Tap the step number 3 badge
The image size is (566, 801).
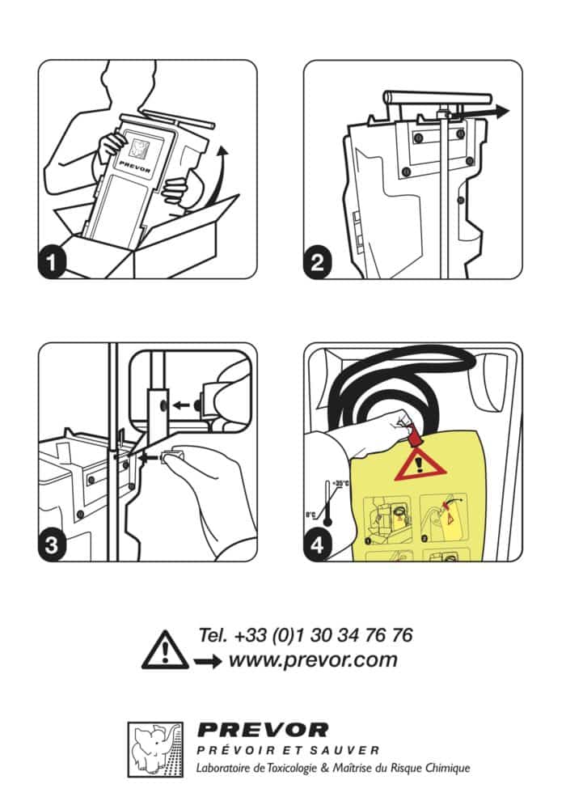click(x=54, y=545)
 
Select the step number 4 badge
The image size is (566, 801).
click(x=319, y=545)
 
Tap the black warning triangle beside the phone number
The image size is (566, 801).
click(x=164, y=651)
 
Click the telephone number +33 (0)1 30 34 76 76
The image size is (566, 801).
click(x=305, y=634)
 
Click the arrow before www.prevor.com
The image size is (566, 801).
click(x=207, y=662)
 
